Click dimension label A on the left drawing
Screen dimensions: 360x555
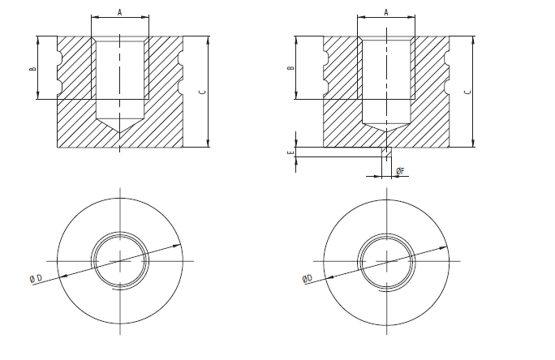pyautogui.click(x=120, y=11)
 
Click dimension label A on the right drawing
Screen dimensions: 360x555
pyautogui.click(x=386, y=11)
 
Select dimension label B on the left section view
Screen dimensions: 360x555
pyautogui.click(x=33, y=69)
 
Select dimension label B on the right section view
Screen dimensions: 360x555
pyautogui.click(x=290, y=69)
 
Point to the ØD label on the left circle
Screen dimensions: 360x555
pyautogui.click(x=37, y=279)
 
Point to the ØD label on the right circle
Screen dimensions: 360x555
pyautogui.click(x=307, y=279)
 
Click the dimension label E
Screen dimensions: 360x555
pyautogui.click(x=290, y=152)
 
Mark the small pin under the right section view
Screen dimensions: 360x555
pyautogui.click(x=386, y=152)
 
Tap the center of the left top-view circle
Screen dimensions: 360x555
pyautogui.click(x=120, y=259)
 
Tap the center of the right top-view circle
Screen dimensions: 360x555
pyautogui.click(x=386, y=259)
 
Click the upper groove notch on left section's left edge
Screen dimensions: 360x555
pyautogui.click(x=59, y=56)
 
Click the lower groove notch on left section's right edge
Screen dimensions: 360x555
pyautogui.click(x=180, y=84)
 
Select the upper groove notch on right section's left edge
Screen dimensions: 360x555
pyautogui.click(x=325, y=56)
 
